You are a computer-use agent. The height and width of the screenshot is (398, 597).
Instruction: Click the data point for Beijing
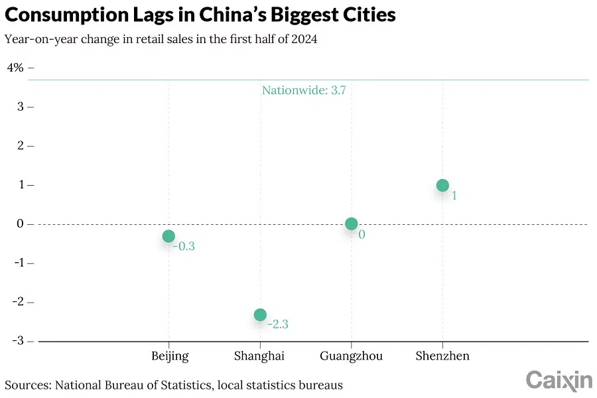point(168,236)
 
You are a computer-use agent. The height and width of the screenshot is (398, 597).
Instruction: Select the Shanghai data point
point(260,314)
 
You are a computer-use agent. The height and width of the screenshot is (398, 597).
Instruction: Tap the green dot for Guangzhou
point(352,224)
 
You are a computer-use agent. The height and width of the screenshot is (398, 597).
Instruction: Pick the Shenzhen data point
point(442,185)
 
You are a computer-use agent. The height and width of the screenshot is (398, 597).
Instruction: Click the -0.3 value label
point(184,246)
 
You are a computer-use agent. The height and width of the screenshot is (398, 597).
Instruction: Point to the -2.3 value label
point(278,324)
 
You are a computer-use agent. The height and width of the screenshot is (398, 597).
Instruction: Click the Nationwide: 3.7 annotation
point(304,90)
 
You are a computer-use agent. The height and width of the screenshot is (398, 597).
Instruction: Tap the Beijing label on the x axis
point(170,356)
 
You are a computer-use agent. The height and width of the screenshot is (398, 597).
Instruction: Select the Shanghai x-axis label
point(259,356)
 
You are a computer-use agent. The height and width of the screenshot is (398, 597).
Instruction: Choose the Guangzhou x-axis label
point(351,356)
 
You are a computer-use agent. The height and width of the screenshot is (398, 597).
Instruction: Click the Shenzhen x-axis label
point(442,356)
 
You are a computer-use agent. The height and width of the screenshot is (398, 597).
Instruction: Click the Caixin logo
point(559,380)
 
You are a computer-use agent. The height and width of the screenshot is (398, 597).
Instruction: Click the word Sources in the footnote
point(27,385)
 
